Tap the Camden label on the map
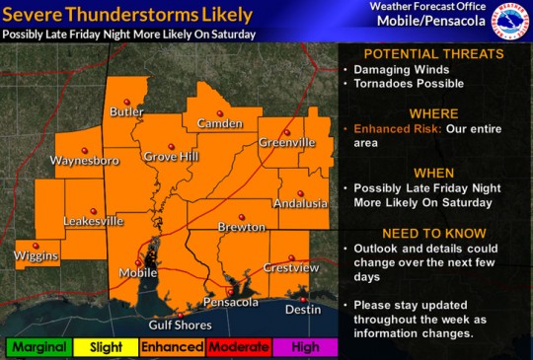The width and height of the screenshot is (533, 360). pyautogui.click(x=213, y=123)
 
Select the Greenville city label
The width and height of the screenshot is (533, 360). pyautogui.click(x=287, y=143)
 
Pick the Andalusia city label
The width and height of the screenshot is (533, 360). pyautogui.click(x=300, y=203)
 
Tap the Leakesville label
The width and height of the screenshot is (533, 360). pyautogui.click(x=94, y=221)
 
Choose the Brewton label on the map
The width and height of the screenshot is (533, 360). pyautogui.click(x=242, y=227)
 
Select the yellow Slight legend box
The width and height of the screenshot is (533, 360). pyautogui.click(x=105, y=347)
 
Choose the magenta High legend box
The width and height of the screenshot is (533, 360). pyautogui.click(x=306, y=347)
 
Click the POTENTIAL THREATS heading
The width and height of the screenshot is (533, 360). pyautogui.click(x=432, y=53)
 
